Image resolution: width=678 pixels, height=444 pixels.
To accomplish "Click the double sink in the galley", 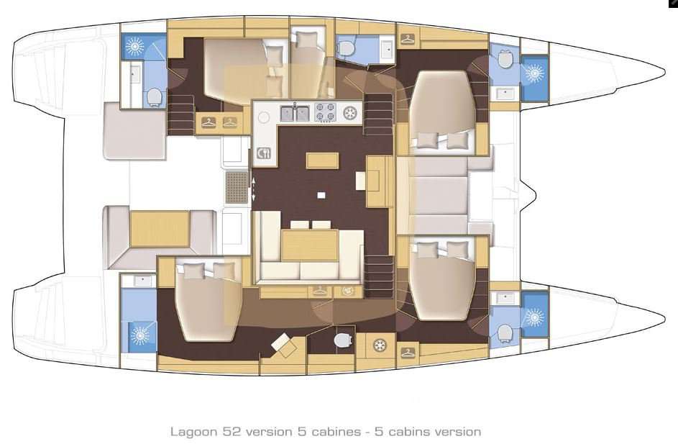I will (295, 113).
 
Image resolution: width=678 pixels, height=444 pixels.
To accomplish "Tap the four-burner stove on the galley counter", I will (324, 113).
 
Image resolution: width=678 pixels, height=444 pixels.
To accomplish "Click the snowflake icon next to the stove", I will (350, 113).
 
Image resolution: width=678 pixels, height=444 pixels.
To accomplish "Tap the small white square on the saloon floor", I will (321, 195).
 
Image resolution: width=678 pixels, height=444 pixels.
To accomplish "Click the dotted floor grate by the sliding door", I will (237, 188).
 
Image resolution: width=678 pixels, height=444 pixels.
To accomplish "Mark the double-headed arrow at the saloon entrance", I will (253, 188).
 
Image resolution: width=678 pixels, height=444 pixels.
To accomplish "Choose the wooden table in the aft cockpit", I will (159, 229).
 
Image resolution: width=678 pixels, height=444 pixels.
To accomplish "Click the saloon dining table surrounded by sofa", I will (309, 245).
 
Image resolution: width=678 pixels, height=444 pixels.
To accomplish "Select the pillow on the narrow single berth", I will (308, 40).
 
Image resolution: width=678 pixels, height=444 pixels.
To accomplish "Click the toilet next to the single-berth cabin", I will (347, 48).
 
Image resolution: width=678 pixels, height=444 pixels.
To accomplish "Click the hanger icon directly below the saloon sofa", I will (319, 291).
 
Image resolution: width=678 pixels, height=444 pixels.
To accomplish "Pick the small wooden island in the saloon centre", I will (322, 160).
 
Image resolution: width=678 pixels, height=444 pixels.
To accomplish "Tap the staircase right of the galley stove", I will (379, 115).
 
